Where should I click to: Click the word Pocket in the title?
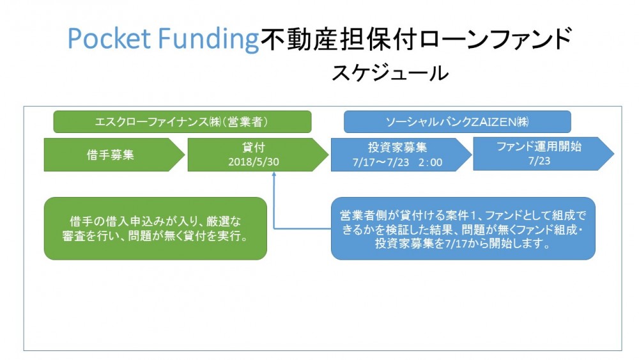pyautogui.click(x=109, y=39)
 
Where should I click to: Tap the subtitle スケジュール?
pyautogui.click(x=390, y=74)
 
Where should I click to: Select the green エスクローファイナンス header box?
pyautogui.click(x=182, y=121)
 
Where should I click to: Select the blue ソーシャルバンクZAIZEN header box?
pyautogui.click(x=458, y=121)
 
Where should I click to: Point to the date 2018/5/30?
pyautogui.click(x=254, y=162)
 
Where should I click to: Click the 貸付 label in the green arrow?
pyautogui.click(x=254, y=147)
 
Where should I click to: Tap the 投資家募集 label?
pyautogui.click(x=397, y=147)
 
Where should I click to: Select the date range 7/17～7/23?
pyautogui.click(x=381, y=162)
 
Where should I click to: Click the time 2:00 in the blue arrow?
pyautogui.click(x=430, y=162)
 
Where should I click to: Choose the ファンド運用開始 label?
pyautogui.click(x=539, y=146)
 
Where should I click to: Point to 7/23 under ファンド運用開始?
pyautogui.click(x=539, y=160)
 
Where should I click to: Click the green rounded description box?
pyautogui.click(x=155, y=228)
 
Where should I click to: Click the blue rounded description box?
pyautogui.click(x=463, y=228)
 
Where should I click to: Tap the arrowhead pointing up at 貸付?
pyautogui.click(x=274, y=174)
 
